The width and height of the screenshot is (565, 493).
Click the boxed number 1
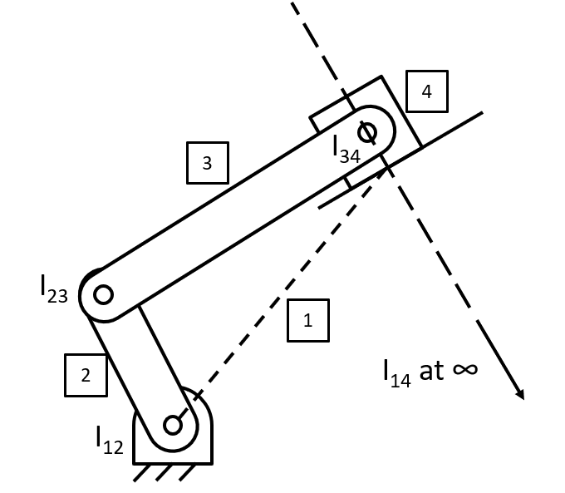point(308,320)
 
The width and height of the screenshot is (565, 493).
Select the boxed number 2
point(86,375)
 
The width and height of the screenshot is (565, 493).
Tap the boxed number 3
point(207,163)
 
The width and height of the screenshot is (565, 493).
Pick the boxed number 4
point(426,91)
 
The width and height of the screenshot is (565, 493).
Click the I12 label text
point(109,440)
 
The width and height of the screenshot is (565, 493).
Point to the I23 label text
point(53,288)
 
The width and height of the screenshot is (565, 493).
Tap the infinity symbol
point(465,368)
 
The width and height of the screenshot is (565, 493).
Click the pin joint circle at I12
point(173,425)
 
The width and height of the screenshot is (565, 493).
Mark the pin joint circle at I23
point(103,294)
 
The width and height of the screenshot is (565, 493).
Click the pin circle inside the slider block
point(366,131)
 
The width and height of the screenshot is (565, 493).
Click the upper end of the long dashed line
point(292,5)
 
